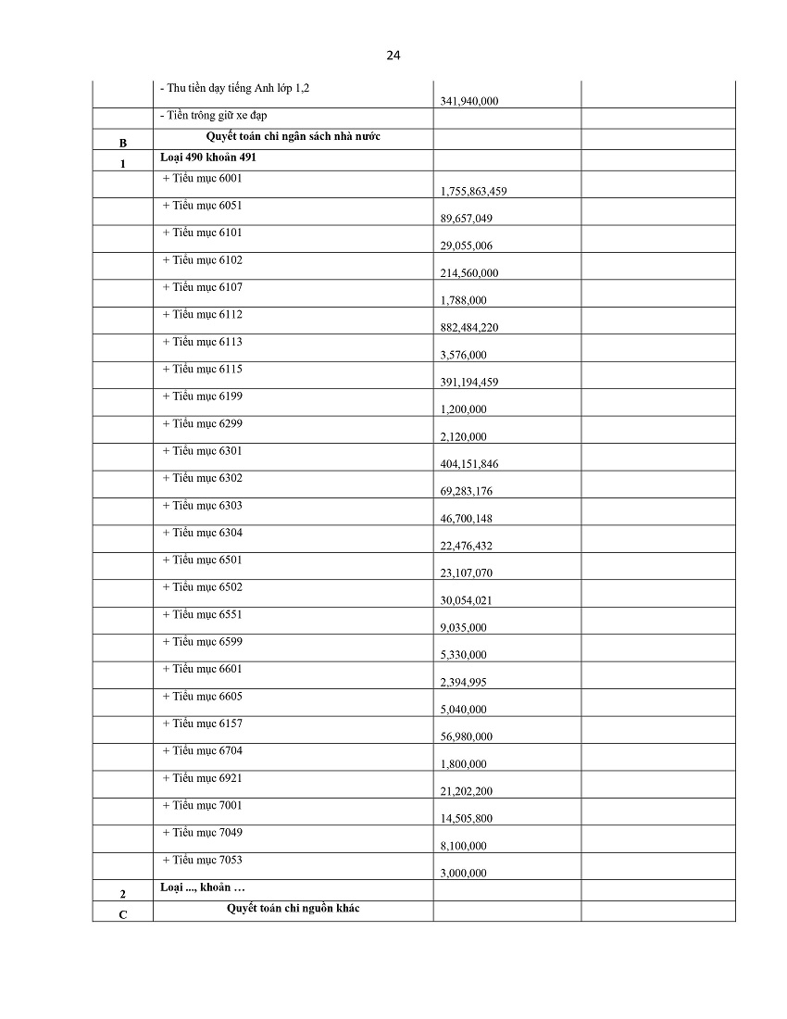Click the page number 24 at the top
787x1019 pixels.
click(x=393, y=56)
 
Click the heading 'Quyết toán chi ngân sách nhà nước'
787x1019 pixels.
click(x=293, y=136)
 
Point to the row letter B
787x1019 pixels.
click(x=122, y=143)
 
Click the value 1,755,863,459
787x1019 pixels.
click(x=473, y=192)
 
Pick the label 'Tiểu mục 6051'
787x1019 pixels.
click(x=202, y=206)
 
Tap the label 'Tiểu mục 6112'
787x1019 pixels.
click(x=202, y=314)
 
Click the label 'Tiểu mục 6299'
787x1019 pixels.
click(x=202, y=423)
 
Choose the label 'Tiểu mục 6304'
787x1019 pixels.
click(x=202, y=533)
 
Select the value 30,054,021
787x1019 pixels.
click(x=467, y=600)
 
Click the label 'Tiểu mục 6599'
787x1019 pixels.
click(x=202, y=641)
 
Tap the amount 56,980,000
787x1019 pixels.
click(x=467, y=736)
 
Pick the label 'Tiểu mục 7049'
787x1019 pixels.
click(x=202, y=832)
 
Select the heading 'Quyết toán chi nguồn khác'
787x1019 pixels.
click(x=293, y=908)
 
